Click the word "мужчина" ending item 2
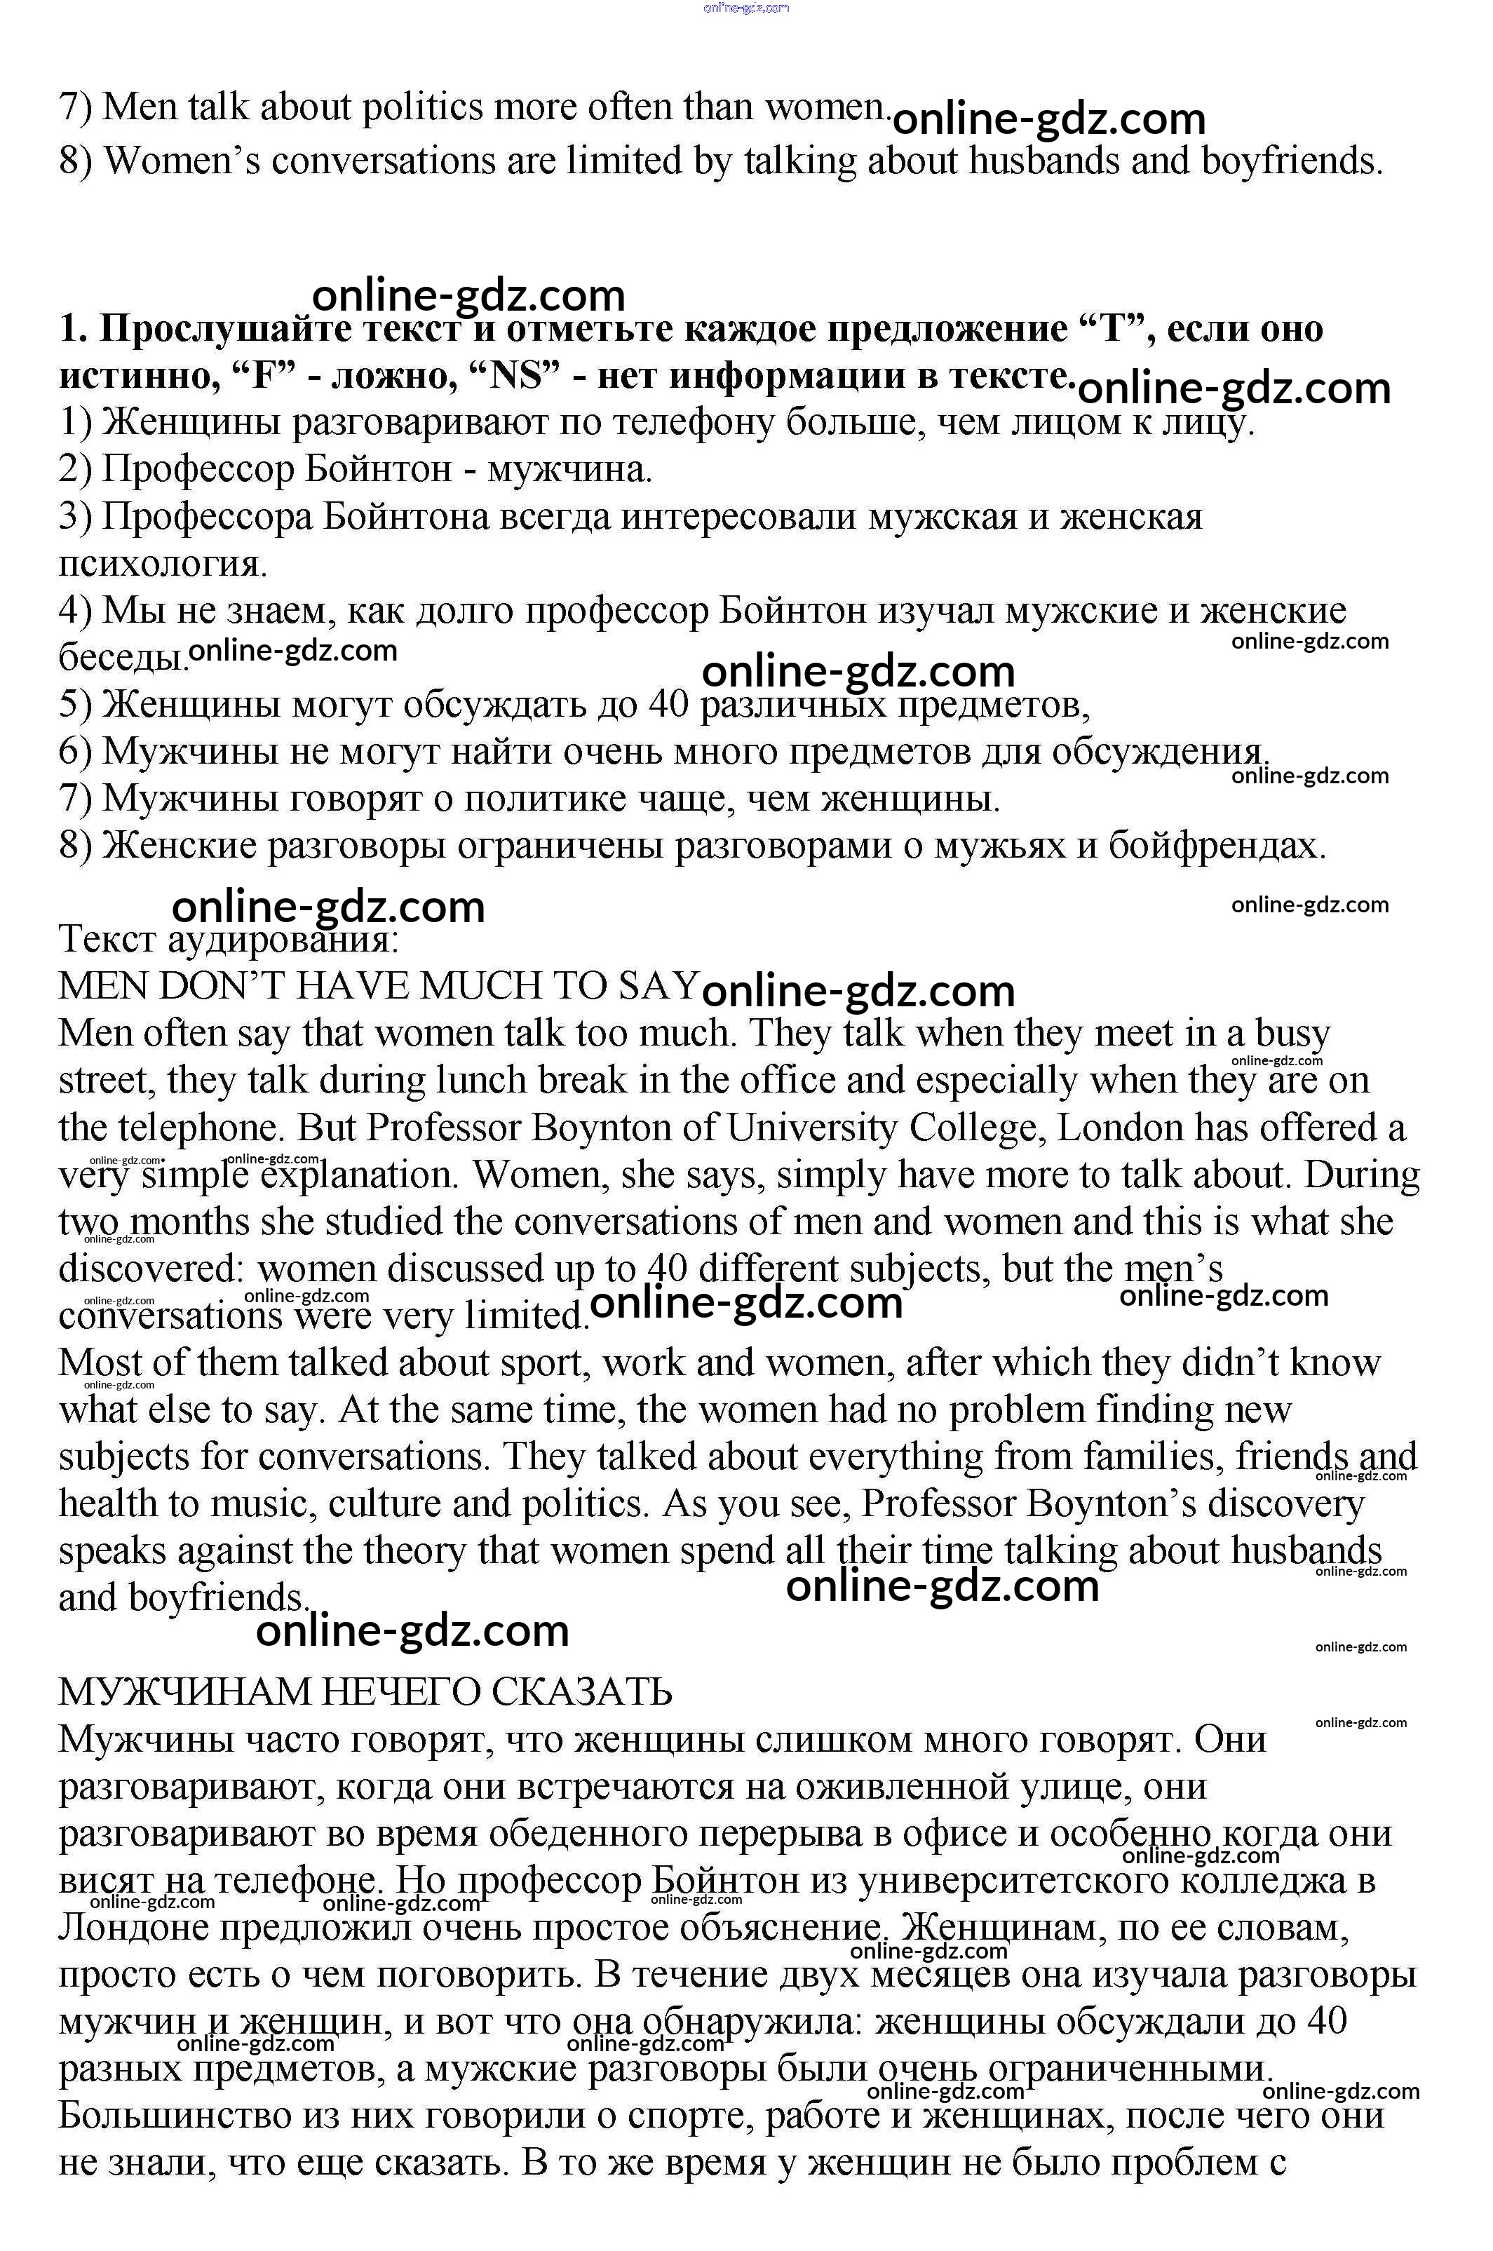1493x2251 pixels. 569,469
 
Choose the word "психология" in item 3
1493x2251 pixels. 162,565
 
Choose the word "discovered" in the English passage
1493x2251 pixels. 152,1269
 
